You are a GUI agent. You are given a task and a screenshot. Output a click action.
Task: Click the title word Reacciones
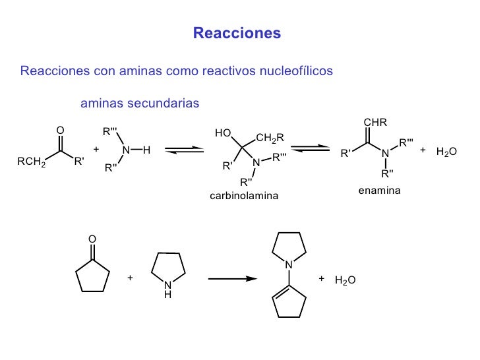[237, 33]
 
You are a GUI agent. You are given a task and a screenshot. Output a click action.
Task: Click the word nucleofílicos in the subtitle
[296, 71]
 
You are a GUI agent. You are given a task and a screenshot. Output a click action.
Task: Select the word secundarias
[163, 103]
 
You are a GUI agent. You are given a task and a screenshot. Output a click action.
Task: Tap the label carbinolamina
[244, 196]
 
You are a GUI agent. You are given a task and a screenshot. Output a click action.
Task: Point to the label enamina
[379, 191]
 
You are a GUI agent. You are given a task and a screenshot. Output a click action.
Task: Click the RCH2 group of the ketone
[32, 162]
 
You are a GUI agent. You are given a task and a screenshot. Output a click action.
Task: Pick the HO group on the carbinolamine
[223, 133]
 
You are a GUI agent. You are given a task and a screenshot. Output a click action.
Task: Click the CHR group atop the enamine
[375, 122]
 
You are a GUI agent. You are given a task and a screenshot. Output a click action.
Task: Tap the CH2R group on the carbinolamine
[270, 138]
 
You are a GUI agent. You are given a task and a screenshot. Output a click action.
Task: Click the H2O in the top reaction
[446, 152]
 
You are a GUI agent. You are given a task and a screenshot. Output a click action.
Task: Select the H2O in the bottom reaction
[345, 280]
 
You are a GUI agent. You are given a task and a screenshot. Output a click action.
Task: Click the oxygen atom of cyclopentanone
[92, 239]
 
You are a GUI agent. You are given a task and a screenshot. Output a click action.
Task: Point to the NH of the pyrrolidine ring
[167, 289]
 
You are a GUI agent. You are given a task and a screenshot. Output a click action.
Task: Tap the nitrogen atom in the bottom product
[289, 264]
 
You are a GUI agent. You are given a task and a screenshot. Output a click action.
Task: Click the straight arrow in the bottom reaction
[233, 278]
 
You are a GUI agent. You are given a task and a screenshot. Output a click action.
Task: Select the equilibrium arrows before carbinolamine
[185, 150]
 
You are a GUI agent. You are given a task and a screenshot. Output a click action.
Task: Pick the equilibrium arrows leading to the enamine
[310, 148]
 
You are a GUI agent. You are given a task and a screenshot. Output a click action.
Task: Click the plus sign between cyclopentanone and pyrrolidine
[130, 278]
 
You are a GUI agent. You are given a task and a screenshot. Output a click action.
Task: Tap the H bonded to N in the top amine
[146, 150]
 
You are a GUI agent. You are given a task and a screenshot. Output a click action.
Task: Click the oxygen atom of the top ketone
[60, 131]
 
